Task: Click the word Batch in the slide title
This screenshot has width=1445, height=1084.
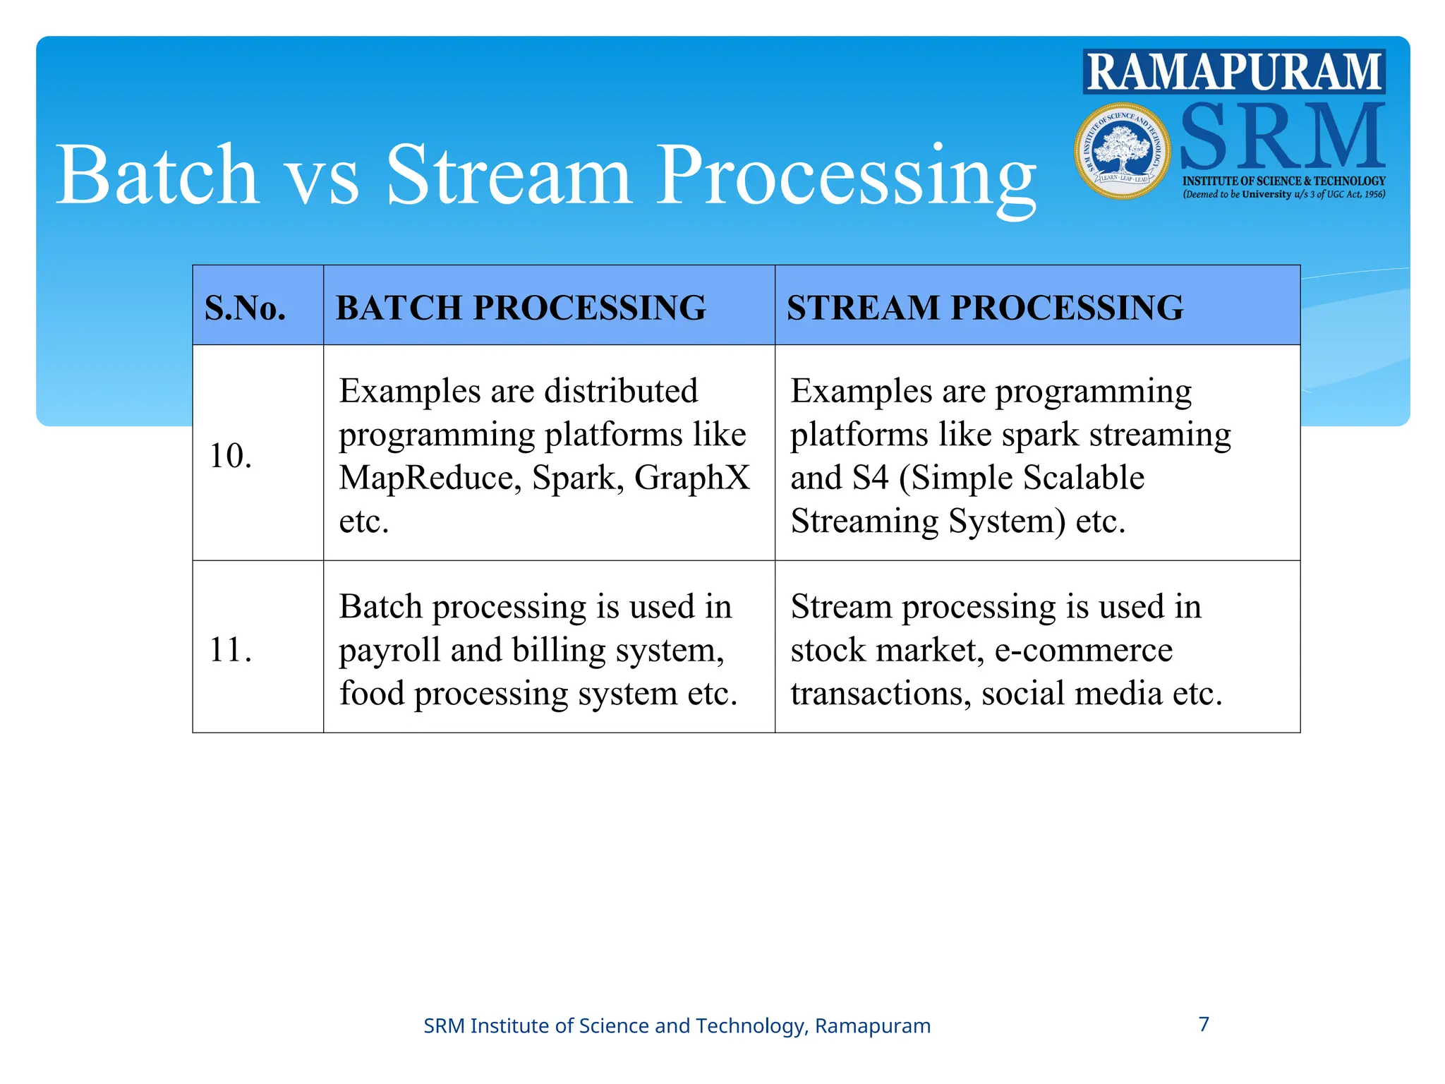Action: (157, 175)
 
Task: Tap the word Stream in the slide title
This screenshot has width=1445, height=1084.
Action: (508, 175)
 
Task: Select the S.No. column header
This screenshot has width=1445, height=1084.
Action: (246, 308)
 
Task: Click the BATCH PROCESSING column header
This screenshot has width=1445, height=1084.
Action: (521, 308)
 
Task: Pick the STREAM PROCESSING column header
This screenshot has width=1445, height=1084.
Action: (985, 308)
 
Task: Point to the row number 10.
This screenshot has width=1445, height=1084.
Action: (231, 455)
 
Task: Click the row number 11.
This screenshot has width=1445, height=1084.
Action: (230, 649)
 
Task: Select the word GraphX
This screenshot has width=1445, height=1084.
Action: (692, 478)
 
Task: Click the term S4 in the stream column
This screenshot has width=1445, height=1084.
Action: (870, 478)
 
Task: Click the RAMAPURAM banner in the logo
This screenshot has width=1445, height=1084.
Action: (1234, 71)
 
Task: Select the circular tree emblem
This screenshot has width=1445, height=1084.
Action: (1122, 151)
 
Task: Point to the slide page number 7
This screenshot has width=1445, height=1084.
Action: (1204, 1024)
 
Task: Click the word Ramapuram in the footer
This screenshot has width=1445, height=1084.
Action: (873, 1025)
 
